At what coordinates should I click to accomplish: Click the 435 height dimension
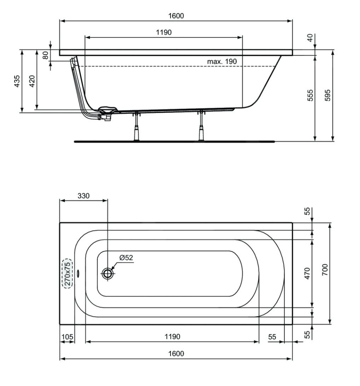(17, 81)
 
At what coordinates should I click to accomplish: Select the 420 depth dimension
(32, 81)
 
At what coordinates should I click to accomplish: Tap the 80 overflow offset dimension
(46, 56)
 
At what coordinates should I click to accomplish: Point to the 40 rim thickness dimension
(310, 38)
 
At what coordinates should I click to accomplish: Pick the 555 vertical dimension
(310, 95)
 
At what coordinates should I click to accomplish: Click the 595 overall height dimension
(327, 95)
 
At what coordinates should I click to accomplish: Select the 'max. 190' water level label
(222, 61)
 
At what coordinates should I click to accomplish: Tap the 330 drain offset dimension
(83, 196)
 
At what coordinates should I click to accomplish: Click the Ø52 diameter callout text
(126, 258)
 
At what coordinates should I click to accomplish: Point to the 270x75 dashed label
(68, 273)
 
